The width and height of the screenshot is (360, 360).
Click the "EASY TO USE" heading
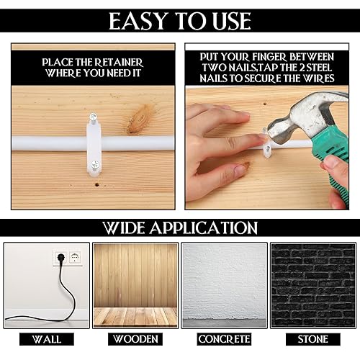pos(180,21)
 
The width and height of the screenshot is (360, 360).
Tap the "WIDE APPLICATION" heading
pos(180,228)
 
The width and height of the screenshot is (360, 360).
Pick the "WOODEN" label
pos(135,338)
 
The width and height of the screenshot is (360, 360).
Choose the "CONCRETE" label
pos(224,338)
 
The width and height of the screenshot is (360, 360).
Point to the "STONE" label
pos(312,338)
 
